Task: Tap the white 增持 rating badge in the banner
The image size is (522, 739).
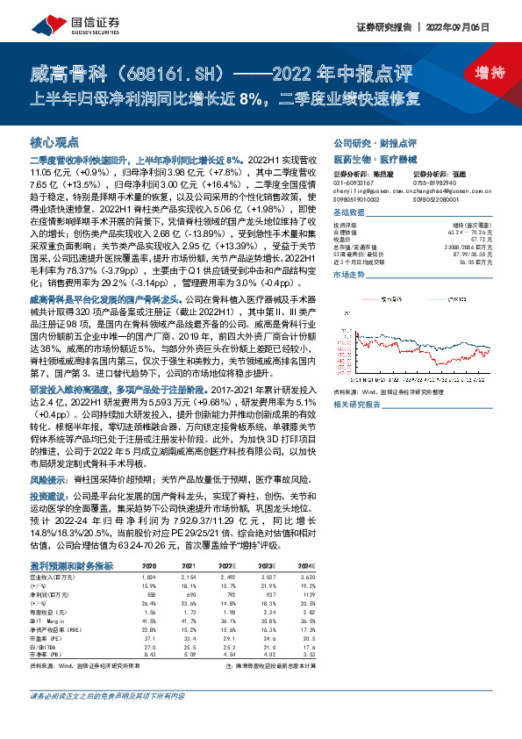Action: pos(476,72)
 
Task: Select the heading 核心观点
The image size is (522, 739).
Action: pos(54,140)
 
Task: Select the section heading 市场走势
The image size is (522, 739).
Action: pos(347,275)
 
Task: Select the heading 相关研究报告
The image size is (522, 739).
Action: pos(358,404)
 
